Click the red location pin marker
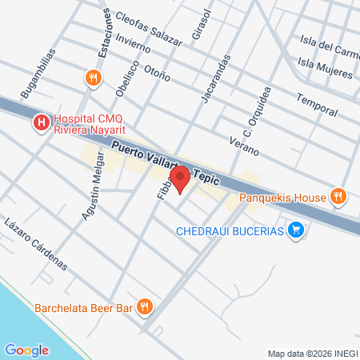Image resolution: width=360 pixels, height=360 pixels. (x=180, y=178)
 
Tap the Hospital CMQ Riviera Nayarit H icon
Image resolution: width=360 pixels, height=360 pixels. (x=38, y=122)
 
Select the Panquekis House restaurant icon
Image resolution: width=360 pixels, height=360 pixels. (x=338, y=196)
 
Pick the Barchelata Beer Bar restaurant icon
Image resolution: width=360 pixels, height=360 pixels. (x=145, y=306)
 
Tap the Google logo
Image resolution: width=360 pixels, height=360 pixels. (x=26, y=350)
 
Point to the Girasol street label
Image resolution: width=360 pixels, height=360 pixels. (x=200, y=26)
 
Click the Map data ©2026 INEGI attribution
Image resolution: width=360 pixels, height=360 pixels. (x=312, y=354)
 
